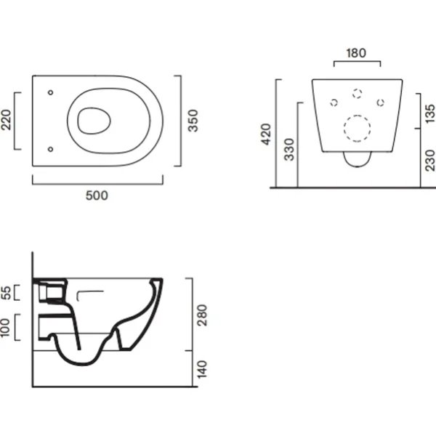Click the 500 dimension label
(x=97, y=195)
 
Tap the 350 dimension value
(x=193, y=121)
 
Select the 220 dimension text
(x=6, y=120)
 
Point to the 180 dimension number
(x=356, y=53)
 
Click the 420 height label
(x=266, y=134)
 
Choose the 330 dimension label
(x=289, y=150)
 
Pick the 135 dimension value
(x=430, y=113)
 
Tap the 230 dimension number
(x=430, y=161)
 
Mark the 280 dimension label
(x=202, y=315)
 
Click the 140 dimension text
(x=202, y=369)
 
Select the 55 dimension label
(x=6, y=293)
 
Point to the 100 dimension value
(x=5, y=328)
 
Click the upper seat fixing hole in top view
(x=51, y=92)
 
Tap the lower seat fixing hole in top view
(x=51, y=149)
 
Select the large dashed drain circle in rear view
(x=357, y=129)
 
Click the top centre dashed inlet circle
(x=357, y=94)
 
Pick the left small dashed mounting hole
(x=334, y=102)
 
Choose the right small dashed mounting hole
(x=380, y=102)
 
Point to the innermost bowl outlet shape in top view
(x=94, y=121)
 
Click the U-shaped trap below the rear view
(x=358, y=159)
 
